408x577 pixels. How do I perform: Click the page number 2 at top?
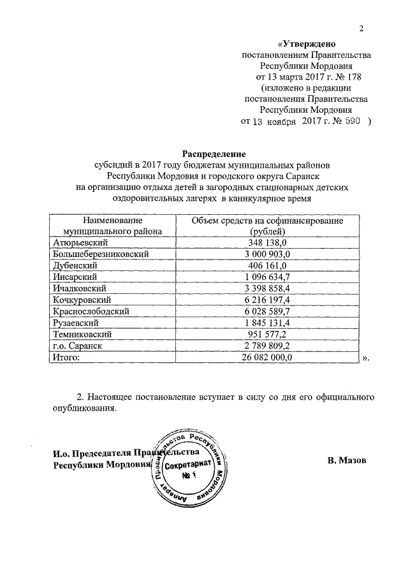click(x=361, y=29)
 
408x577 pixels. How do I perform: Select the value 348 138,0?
click(x=268, y=243)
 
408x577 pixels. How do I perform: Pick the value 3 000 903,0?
click(x=268, y=254)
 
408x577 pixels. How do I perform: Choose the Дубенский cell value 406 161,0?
click(x=268, y=265)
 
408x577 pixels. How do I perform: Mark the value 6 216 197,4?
click(x=268, y=300)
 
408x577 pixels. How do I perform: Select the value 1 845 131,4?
click(x=268, y=323)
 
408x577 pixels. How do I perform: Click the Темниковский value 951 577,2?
click(x=268, y=334)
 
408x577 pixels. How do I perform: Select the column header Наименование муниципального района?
click(x=112, y=226)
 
